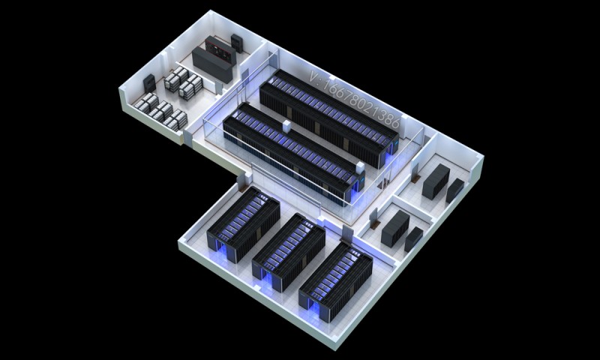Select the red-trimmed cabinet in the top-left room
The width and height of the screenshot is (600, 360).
pos(220,49)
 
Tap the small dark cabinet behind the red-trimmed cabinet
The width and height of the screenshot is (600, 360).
pos(237,43)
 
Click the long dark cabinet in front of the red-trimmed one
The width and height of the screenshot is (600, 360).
pos(212,64)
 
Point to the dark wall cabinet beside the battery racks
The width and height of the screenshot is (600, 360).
pos(149,83)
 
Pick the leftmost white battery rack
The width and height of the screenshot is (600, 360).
pos(145,103)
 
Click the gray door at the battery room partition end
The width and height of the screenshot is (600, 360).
pos(218,88)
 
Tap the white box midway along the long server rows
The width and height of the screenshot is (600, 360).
pos(286,127)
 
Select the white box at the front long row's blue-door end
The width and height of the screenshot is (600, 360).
pos(360,168)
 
